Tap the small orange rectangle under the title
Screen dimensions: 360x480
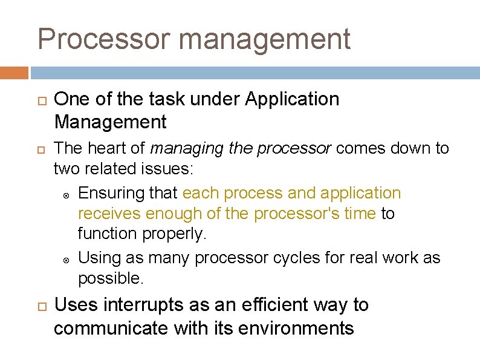(x=14, y=73)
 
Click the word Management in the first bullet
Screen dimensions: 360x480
(x=110, y=122)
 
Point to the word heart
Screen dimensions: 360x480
(x=112, y=149)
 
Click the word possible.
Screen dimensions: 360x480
(x=111, y=278)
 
